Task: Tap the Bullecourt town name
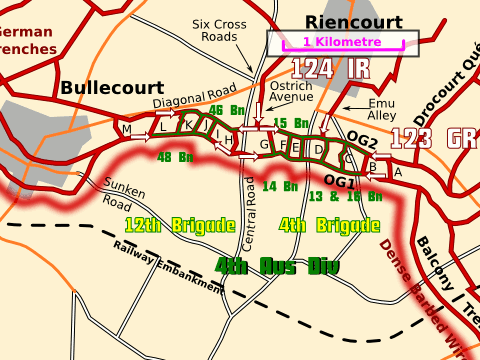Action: [x=112, y=88]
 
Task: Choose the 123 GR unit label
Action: [x=432, y=138]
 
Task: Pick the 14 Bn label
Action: [x=279, y=186]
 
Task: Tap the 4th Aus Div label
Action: [x=277, y=267]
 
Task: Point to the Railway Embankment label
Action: [x=167, y=267]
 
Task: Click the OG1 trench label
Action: [x=340, y=182]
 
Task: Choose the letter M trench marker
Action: [x=126, y=131]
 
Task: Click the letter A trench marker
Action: [x=398, y=172]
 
